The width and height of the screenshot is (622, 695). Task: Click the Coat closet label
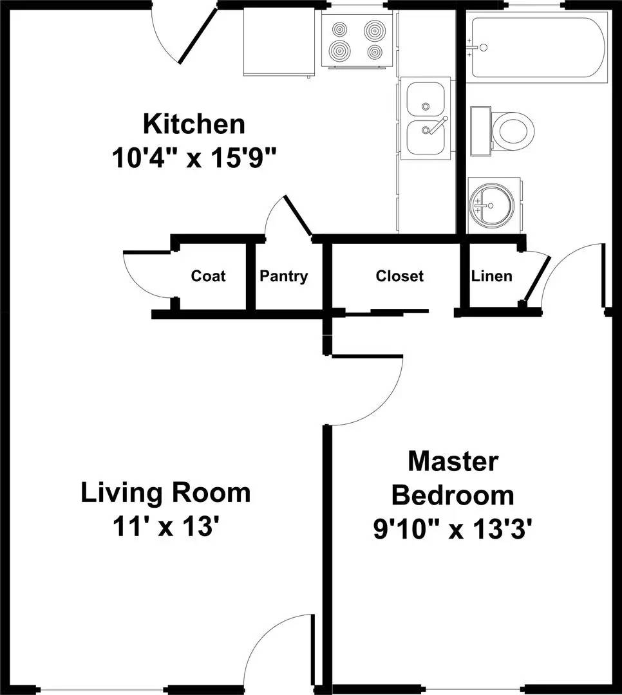click(208, 275)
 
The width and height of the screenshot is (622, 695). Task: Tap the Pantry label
click(283, 276)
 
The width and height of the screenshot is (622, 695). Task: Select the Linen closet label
click(491, 276)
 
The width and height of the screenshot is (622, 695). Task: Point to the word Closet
click(399, 276)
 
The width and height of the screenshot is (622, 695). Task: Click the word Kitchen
click(194, 124)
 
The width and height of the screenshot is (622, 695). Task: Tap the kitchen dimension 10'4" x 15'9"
click(194, 158)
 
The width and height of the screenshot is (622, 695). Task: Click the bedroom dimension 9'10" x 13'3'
click(453, 528)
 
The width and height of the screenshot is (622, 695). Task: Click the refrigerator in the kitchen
click(279, 42)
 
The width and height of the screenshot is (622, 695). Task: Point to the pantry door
click(298, 216)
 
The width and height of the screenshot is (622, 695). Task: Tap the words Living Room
click(166, 493)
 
